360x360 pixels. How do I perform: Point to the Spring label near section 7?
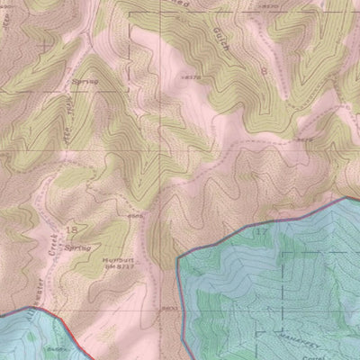click(x=84, y=82)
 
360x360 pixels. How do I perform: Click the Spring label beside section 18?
click(x=78, y=247)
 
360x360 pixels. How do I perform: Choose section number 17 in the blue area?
click(x=262, y=232)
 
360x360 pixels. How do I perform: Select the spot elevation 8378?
click(x=190, y=78)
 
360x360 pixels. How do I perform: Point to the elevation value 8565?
click(x=137, y=216)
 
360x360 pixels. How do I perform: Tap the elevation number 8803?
click(x=169, y=308)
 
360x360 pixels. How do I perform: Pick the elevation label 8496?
click(x=57, y=348)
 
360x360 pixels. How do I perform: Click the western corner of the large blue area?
click(x=179, y=256)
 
